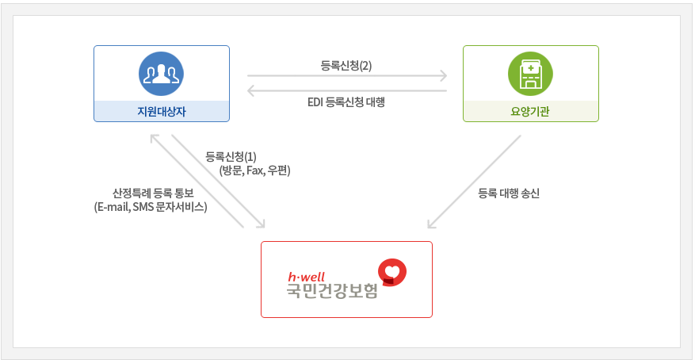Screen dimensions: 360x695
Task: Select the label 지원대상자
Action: pos(162,112)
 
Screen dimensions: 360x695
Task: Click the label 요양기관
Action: pos(530,112)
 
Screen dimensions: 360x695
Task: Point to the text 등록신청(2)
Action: pos(346,66)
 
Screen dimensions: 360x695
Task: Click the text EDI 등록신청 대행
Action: pos(346,102)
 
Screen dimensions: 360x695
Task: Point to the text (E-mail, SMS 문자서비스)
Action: pos(151,207)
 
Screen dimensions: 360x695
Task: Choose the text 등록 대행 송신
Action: pos(509,193)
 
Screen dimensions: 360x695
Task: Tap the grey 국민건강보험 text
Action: pos(332,293)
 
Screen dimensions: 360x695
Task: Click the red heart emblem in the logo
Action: pos(391,272)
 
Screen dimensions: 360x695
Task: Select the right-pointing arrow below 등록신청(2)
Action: pos(346,77)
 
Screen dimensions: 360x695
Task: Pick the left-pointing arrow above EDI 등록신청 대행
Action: pos(346,91)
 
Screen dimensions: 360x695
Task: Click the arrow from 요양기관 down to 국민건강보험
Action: pos(474,182)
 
